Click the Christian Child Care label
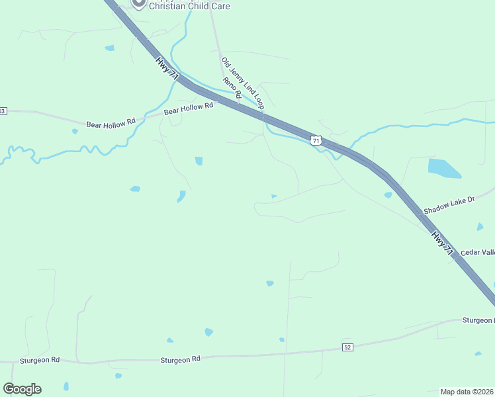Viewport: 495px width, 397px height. coord(189,6)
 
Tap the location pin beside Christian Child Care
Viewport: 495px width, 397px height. coord(138,3)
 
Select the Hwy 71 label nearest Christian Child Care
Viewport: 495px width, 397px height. coord(168,69)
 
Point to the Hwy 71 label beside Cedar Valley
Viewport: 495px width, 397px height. coord(443,242)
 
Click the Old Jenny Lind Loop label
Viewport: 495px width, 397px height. coord(242,83)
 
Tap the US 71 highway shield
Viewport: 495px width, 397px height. coord(316,140)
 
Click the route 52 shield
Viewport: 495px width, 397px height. coord(348,347)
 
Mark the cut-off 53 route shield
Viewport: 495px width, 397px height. coord(3,110)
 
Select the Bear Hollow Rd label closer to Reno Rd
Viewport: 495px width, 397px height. coord(189,109)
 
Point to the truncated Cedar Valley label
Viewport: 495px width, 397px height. coord(478,252)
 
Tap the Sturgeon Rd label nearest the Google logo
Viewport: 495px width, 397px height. coord(40,360)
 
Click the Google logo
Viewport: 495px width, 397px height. coord(22,388)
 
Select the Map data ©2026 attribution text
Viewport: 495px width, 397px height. coord(467,392)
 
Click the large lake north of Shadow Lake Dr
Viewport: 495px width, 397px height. coord(443,168)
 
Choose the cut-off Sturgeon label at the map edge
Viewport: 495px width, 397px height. coord(478,320)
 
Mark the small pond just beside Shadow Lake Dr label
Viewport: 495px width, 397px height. coord(388,195)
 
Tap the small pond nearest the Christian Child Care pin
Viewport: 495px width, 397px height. coord(109,48)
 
